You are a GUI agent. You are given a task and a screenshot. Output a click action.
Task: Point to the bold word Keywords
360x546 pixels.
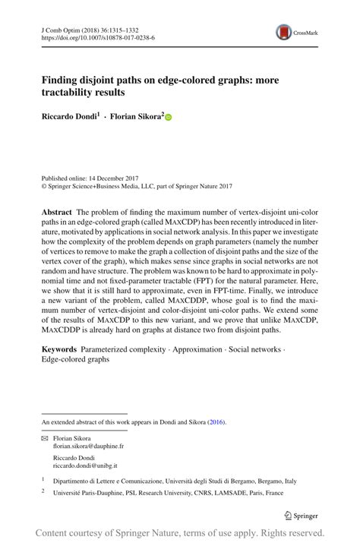point(59,349)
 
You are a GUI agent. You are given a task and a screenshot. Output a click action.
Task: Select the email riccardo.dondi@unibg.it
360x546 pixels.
point(84,466)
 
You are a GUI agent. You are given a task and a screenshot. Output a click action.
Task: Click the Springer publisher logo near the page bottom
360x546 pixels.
point(301,514)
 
